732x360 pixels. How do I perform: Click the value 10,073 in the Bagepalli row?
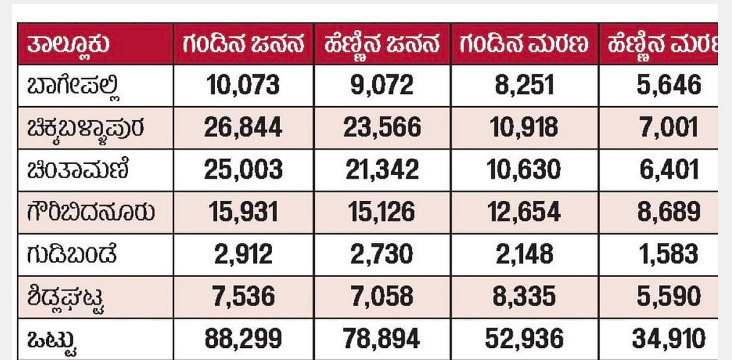(x=243, y=85)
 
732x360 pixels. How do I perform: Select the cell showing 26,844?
(x=243, y=127)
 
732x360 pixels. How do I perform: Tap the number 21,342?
(x=383, y=169)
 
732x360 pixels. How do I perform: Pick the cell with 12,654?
(x=525, y=212)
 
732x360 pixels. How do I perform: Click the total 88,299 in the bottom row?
(x=243, y=338)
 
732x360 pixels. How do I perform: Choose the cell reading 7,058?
(x=383, y=296)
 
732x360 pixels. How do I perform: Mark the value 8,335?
(x=525, y=296)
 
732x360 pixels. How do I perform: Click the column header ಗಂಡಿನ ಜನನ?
(x=243, y=45)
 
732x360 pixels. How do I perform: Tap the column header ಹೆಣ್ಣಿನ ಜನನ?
(x=383, y=45)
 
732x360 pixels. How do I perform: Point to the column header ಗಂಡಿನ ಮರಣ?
(x=525, y=45)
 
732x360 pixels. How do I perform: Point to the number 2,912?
(x=243, y=254)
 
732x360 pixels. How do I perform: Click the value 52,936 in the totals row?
(x=525, y=338)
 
